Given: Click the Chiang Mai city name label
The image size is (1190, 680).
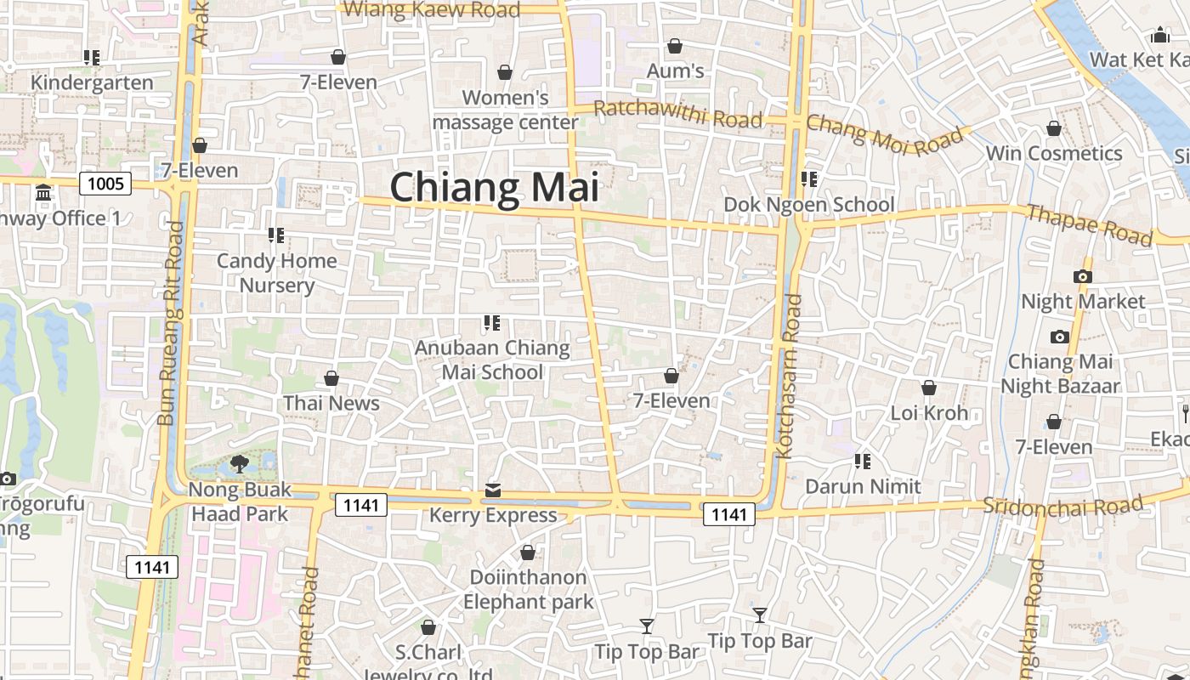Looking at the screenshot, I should [494, 187].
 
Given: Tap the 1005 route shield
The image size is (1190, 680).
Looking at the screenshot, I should [106, 183].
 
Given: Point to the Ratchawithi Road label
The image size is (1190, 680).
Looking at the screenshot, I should [677, 114].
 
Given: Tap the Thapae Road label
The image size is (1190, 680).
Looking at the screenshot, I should [1090, 224].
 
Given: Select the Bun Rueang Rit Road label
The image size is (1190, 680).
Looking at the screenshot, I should [171, 323].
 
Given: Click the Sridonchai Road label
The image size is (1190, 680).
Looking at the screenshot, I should [1062, 504].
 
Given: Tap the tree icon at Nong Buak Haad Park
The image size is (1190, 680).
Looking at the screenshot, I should [240, 464].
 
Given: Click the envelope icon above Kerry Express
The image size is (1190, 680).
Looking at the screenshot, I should [493, 490].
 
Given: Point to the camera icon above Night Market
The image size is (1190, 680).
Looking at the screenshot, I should [1082, 276].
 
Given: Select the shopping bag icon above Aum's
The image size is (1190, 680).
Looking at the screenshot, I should [675, 46].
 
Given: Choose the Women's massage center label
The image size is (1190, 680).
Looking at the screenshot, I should [506, 110].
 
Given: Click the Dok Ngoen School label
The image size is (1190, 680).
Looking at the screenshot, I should [808, 204].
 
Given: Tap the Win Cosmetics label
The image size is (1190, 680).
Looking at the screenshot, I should [1054, 153].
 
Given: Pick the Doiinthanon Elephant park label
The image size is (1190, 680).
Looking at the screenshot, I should [528, 589].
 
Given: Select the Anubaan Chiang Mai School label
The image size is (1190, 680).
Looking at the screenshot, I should [492, 360].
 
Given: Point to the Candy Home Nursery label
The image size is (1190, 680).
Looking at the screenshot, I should [277, 272].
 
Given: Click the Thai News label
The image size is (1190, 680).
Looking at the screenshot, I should [331, 403].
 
